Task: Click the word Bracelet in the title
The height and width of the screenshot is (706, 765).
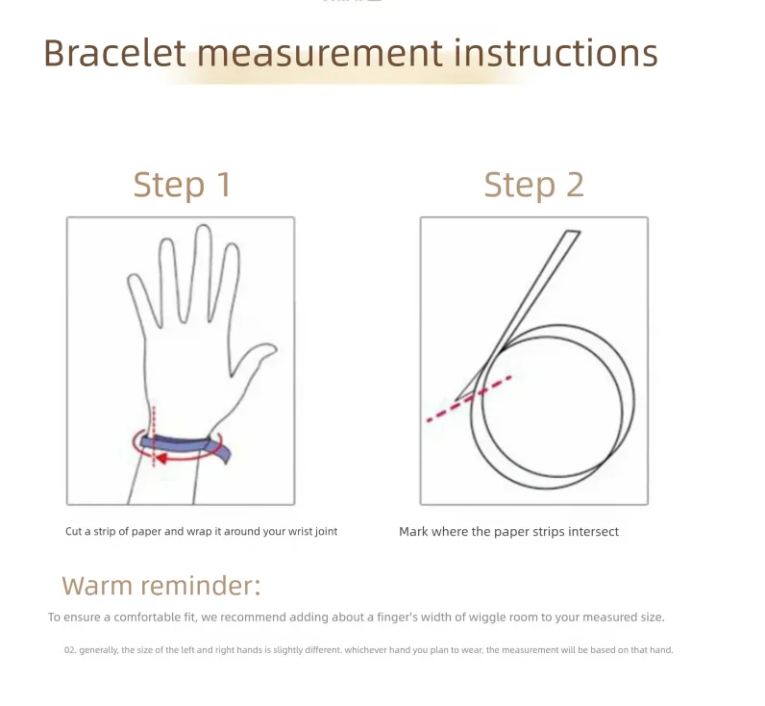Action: click(x=114, y=52)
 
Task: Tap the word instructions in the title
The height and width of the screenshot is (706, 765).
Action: click(x=555, y=52)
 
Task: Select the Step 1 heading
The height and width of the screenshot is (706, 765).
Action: click(x=182, y=185)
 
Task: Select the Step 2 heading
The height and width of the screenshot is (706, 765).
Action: click(x=533, y=185)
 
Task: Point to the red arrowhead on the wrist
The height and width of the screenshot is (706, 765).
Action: click(x=161, y=458)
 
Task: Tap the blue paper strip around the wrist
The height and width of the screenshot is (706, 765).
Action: click(x=185, y=445)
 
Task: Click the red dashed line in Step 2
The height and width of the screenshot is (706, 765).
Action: click(x=469, y=398)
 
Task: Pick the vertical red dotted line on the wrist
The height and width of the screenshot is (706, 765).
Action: click(x=154, y=436)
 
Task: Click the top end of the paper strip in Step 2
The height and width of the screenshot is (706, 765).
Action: click(x=573, y=233)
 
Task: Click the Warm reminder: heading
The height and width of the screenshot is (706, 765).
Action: click(x=161, y=585)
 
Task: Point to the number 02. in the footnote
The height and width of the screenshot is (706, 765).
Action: click(x=70, y=650)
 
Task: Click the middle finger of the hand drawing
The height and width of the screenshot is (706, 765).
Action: click(x=204, y=273)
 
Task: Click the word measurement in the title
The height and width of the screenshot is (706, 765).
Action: click(x=320, y=52)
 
